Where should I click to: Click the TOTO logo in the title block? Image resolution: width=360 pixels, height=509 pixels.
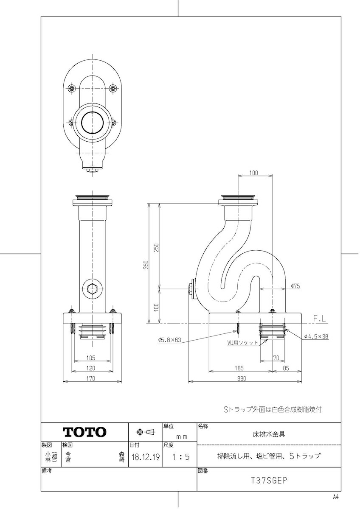pos(84,432)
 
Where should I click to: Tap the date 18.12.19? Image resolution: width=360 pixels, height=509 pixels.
pos(145,457)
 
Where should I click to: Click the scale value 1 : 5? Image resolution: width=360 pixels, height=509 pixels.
pos(180,457)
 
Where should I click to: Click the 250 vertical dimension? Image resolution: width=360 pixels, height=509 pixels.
pos(156,248)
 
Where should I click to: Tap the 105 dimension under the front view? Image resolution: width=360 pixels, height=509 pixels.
pos(91,358)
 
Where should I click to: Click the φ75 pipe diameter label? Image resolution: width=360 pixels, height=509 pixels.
pos(295,286)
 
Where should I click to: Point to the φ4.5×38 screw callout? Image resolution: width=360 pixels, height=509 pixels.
pos(316,336)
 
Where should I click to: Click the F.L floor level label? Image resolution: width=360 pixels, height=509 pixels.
pos(321,318)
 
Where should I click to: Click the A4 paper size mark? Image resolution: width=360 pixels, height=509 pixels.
pos(336,497)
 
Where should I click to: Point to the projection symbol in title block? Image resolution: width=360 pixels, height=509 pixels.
pos(145,432)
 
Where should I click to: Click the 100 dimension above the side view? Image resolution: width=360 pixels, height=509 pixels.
pos(253,173)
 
